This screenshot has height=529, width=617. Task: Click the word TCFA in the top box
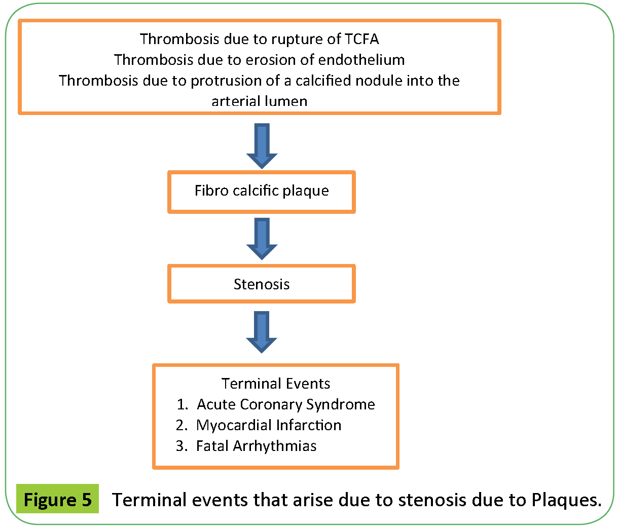click(361, 39)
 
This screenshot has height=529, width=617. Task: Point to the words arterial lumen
click(259, 101)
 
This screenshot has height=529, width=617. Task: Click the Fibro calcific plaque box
click(262, 191)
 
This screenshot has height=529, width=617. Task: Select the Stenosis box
click(262, 284)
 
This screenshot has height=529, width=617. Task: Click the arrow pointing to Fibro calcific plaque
click(262, 145)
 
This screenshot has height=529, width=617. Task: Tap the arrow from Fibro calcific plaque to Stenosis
click(262, 239)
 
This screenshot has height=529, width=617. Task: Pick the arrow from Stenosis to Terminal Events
click(262, 332)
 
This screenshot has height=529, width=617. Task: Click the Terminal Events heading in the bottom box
click(276, 384)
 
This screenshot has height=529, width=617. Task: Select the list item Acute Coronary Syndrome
click(285, 404)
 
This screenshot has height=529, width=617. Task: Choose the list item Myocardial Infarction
click(269, 425)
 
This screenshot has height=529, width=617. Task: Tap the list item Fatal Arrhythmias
click(256, 446)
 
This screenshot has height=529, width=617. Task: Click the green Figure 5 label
click(58, 500)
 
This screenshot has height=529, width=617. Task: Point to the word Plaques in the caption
click(566, 500)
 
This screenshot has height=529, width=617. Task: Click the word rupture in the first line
click(297, 39)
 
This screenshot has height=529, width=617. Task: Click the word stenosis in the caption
click(432, 500)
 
